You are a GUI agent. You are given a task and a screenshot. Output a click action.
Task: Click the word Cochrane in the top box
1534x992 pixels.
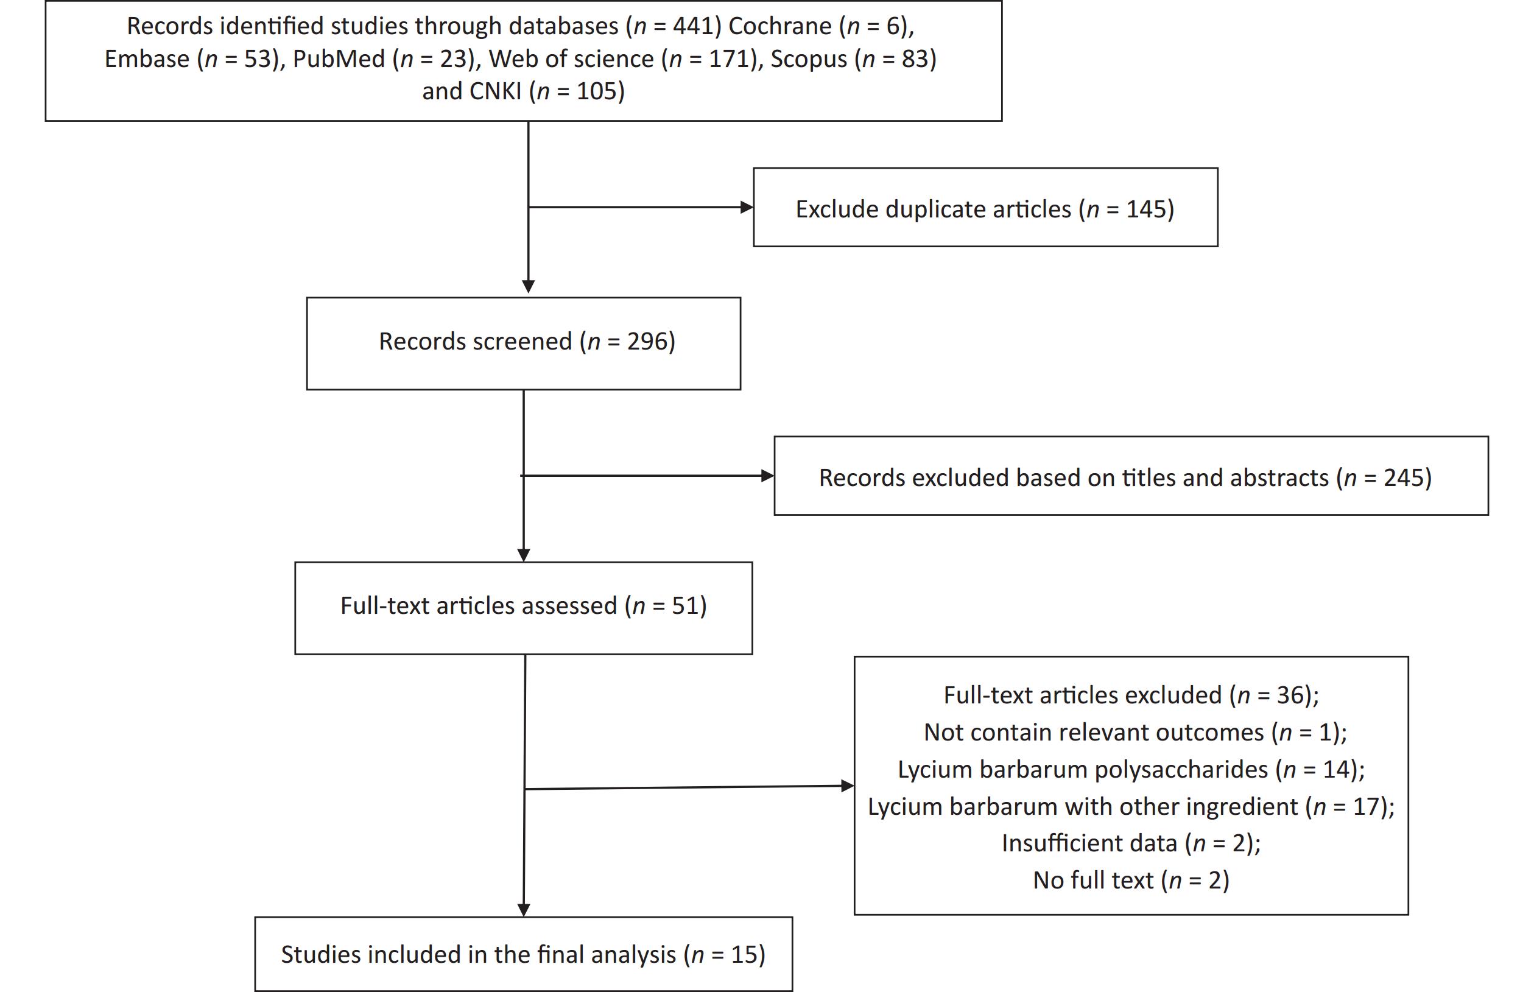click(780, 26)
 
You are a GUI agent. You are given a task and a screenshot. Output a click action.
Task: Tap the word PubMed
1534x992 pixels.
click(339, 58)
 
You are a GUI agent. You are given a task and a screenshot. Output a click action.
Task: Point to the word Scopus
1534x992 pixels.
click(809, 59)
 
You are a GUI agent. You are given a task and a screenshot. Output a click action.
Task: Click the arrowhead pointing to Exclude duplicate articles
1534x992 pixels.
click(747, 208)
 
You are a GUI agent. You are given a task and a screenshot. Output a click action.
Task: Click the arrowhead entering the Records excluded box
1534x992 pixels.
click(768, 476)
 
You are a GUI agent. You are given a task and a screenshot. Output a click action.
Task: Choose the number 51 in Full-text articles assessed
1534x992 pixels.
click(685, 606)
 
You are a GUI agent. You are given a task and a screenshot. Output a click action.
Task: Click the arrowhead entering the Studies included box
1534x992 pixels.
click(524, 910)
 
